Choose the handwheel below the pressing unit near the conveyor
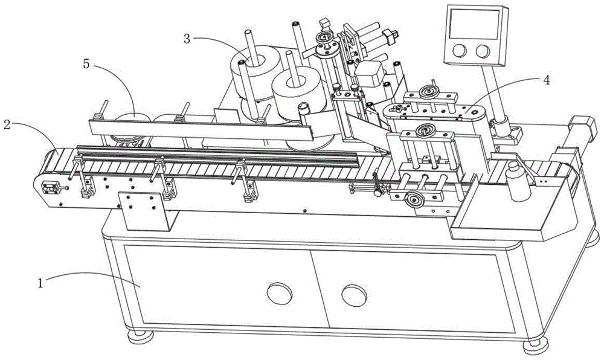415,201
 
